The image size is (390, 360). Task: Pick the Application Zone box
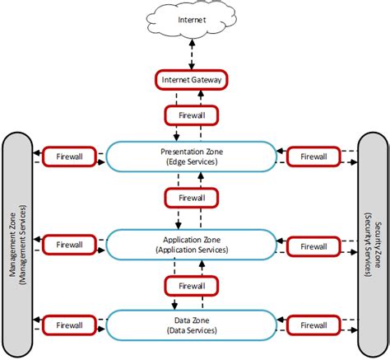[191, 243]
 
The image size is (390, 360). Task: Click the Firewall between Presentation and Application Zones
[191, 199]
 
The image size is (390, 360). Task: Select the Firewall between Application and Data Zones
[191, 285]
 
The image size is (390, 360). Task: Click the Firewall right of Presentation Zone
[313, 155]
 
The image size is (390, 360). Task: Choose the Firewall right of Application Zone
[313, 244]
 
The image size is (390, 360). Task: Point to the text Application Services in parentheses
[191, 249]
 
